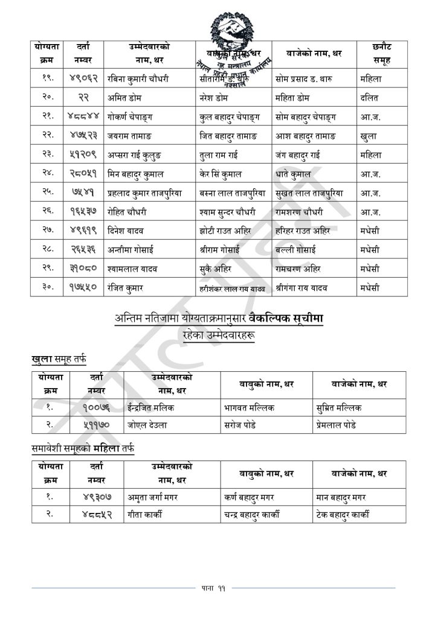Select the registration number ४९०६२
click(85, 78)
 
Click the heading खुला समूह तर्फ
click(59, 360)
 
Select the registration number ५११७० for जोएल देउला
click(97, 425)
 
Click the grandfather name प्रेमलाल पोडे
click(339, 425)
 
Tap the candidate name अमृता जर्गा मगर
click(152, 497)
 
